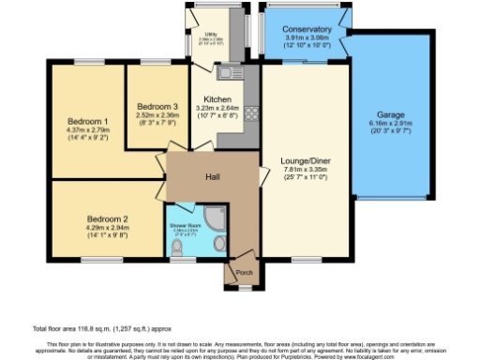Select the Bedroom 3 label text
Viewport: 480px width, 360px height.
(x=157, y=106)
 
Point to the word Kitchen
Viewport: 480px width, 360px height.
(x=217, y=98)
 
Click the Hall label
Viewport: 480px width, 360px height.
(x=213, y=175)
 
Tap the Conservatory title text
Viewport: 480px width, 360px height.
(x=307, y=27)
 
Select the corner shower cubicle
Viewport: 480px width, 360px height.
(x=215, y=215)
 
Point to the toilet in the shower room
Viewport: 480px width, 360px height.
(x=180, y=247)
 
